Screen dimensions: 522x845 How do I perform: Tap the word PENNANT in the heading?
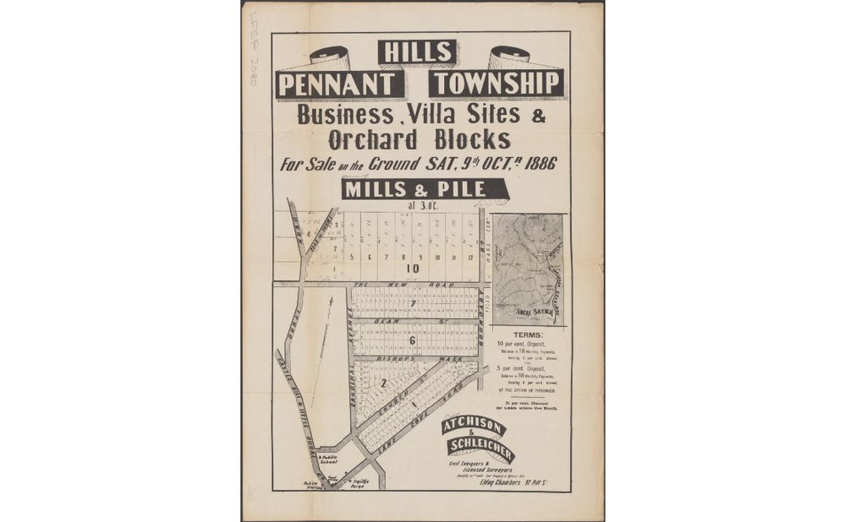click(339, 84)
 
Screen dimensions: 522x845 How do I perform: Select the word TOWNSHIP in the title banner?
click(495, 84)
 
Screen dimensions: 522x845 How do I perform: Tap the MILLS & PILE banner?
click(414, 189)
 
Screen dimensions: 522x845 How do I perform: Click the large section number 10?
click(413, 269)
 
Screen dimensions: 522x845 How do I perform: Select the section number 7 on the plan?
click(413, 303)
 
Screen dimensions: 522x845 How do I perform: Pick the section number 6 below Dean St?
click(412, 340)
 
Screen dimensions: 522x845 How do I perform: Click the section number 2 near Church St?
click(383, 383)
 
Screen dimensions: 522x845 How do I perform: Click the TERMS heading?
click(530, 335)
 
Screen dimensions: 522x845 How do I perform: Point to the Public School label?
click(330, 460)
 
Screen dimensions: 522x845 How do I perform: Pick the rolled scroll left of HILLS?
click(329, 57)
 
